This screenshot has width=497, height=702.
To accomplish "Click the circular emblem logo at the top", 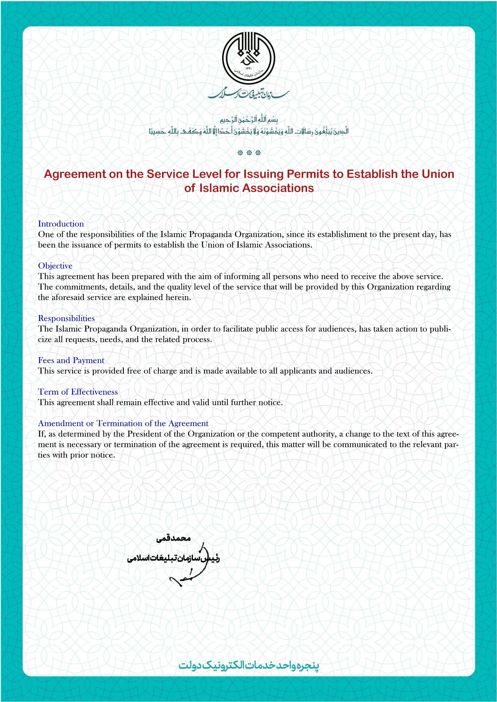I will coord(248,59).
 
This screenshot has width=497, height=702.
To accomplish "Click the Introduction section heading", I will coord(61,224).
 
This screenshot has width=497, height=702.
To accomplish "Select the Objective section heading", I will coord(55,266).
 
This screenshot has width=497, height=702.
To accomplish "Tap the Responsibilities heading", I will coord(66,318).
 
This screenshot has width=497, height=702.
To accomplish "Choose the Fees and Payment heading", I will coord(71,360).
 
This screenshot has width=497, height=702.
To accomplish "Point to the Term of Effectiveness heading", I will coord(78,392).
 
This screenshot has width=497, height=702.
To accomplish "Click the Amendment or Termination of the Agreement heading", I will coord(123,423).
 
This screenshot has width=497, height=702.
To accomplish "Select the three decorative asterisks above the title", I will coord(249,153).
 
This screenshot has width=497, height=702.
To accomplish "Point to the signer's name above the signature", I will coord(173,538).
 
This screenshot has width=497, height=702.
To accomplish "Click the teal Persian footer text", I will coord(248,665).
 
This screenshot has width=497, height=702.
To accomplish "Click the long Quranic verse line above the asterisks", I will coord(248,131).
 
